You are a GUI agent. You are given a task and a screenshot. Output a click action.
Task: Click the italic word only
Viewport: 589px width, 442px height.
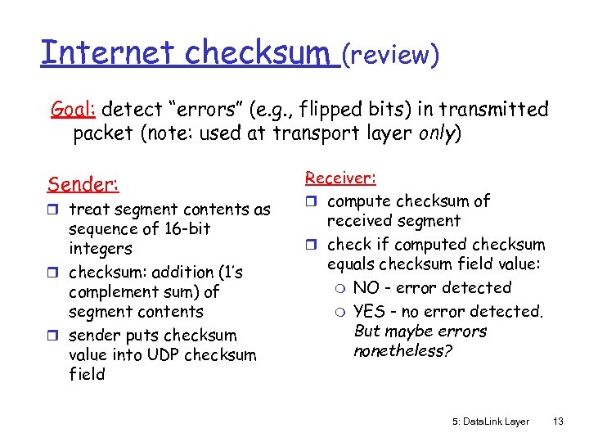pyautogui.click(x=438, y=133)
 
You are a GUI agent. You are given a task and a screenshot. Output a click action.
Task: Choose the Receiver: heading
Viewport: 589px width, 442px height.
pyautogui.click(x=340, y=177)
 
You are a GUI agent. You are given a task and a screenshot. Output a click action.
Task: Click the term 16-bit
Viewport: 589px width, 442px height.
pyautogui.click(x=184, y=229)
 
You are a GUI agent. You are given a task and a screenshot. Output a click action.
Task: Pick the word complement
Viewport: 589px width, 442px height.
pyautogui.click(x=110, y=292)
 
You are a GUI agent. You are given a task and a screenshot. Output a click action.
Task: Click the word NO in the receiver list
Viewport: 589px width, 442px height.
pyautogui.click(x=366, y=288)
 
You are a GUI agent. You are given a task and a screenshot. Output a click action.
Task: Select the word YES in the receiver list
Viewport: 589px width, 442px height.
pyautogui.click(x=369, y=311)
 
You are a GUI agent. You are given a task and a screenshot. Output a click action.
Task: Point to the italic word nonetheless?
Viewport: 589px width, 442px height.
pyautogui.click(x=399, y=351)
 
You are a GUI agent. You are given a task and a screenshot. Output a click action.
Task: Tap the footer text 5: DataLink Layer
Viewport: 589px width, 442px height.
pyautogui.click(x=490, y=422)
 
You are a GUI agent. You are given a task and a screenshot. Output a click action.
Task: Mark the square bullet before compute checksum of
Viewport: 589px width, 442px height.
pyautogui.click(x=311, y=201)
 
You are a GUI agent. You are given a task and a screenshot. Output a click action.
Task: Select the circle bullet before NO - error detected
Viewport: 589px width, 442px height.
pyautogui.click(x=339, y=288)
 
